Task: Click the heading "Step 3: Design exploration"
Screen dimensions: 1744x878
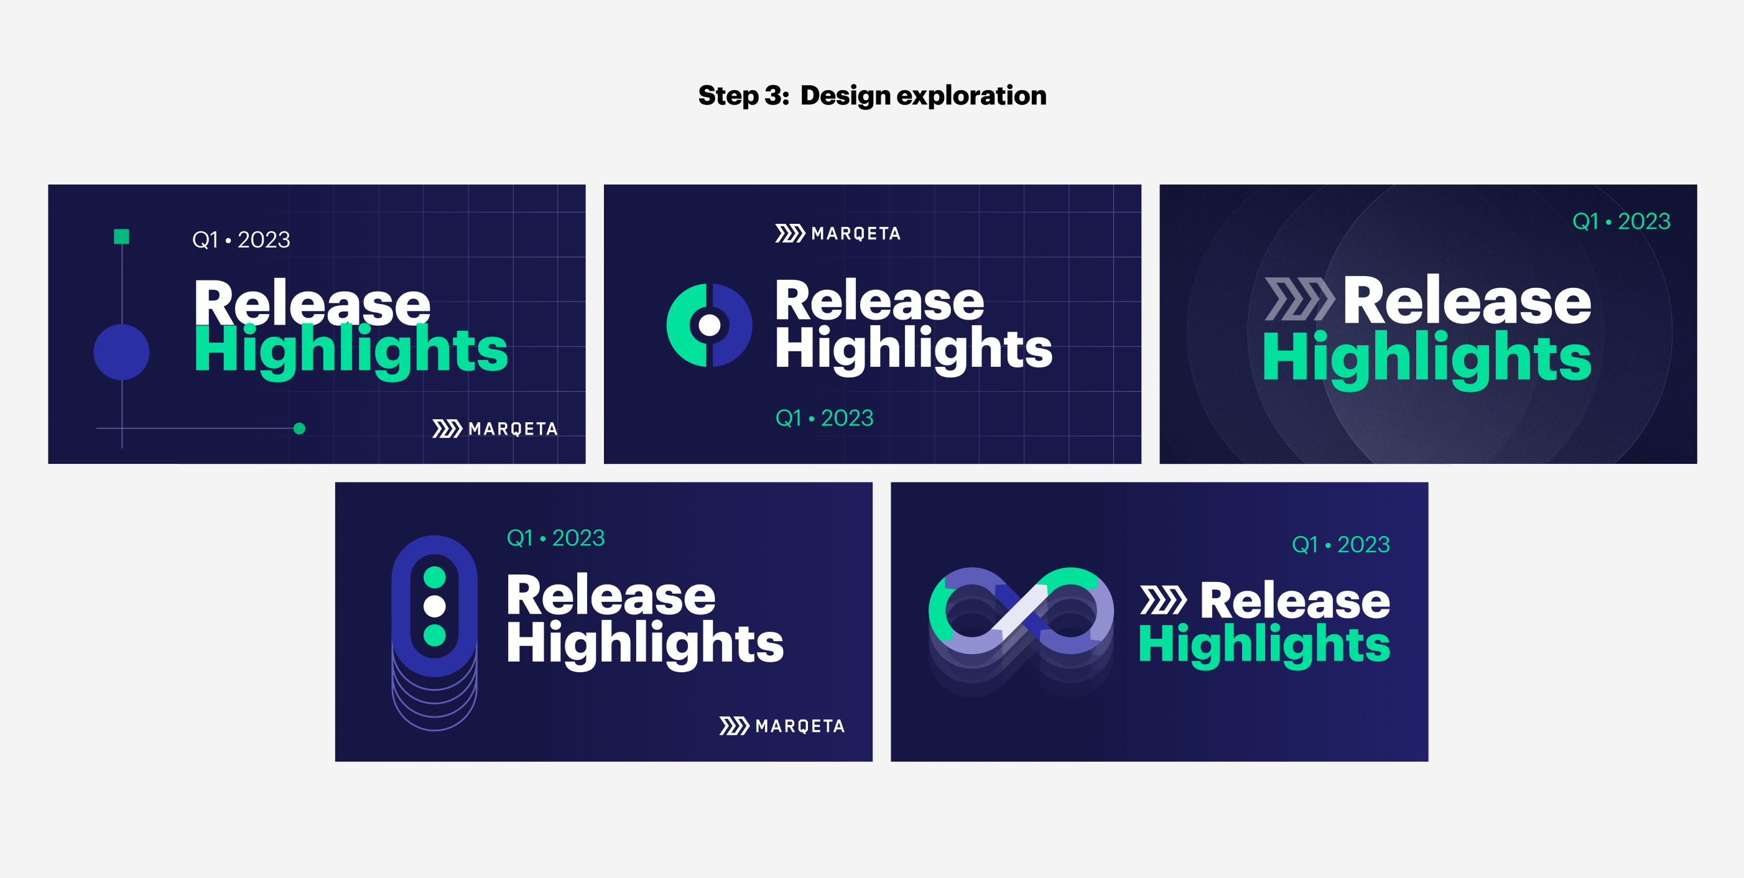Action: click(872, 96)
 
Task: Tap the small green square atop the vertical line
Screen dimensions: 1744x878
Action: click(122, 236)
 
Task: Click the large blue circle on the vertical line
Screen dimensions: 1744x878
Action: click(121, 352)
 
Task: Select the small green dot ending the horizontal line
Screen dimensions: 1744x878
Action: click(299, 428)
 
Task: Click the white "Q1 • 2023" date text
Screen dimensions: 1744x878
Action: click(241, 239)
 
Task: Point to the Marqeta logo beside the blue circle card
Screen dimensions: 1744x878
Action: click(495, 428)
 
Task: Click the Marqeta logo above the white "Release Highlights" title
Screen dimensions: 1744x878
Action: click(838, 234)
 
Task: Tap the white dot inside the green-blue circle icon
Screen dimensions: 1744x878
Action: click(709, 325)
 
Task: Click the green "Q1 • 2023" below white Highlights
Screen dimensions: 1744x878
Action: click(824, 418)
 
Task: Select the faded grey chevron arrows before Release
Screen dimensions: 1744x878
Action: click(1299, 299)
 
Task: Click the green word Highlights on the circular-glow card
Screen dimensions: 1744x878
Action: click(1427, 359)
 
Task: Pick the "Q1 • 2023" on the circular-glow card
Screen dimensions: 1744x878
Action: click(1621, 221)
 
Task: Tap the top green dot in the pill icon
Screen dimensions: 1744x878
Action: click(435, 578)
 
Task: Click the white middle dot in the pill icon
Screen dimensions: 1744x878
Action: click(435, 606)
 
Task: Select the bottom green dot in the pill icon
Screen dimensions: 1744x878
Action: click(435, 635)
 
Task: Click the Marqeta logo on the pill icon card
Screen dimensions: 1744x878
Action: click(782, 726)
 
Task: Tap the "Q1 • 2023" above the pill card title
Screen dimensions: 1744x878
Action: click(555, 537)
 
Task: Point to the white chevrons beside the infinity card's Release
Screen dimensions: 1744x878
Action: click(1163, 601)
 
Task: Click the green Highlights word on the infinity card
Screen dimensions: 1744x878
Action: click(1264, 645)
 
